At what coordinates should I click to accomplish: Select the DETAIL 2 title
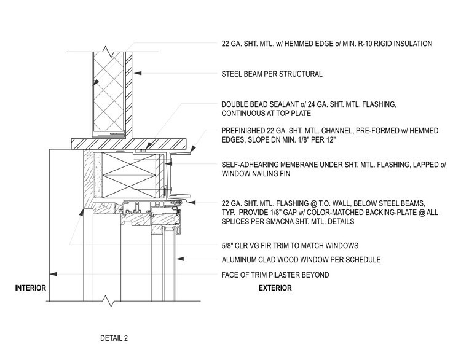coord(114,337)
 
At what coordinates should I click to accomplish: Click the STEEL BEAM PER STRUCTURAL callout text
coord(272,74)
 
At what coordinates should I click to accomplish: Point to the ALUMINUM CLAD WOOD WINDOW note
coord(301,260)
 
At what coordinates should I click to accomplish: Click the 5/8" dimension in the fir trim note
coord(229,245)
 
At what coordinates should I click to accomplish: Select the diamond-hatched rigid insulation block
coord(108,92)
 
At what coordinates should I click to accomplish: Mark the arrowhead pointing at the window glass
coord(175,259)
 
